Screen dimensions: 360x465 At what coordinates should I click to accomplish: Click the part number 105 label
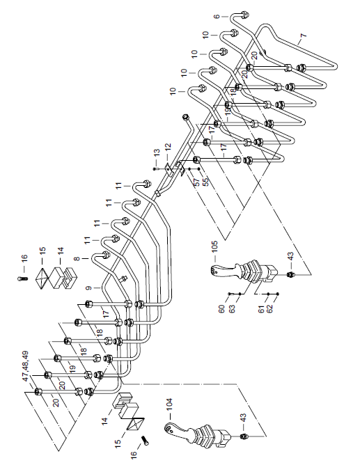pos(214,246)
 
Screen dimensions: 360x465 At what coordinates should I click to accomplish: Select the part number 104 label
pos(169,404)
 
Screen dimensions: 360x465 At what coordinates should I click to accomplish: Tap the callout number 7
pos(303,36)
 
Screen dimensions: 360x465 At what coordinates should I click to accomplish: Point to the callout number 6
pos(217,16)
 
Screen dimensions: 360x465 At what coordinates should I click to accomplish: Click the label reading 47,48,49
pos(26,366)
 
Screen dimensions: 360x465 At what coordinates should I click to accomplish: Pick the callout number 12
pos(168,147)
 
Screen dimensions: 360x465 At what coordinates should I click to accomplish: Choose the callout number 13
pos(157,152)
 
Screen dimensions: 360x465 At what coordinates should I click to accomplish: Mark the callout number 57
pos(196,182)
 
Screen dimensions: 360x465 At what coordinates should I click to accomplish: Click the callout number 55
pos(205,182)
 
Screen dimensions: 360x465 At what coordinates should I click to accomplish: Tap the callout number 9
pos(88,288)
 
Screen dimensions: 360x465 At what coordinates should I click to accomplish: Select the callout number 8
pos(77,259)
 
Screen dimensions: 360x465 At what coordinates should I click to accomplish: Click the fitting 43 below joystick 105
pos(290,274)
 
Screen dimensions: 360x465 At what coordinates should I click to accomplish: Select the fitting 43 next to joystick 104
pos(243,436)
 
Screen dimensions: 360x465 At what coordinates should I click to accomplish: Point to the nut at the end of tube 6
pos(244,14)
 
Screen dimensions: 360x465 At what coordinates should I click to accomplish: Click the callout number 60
pos(221,309)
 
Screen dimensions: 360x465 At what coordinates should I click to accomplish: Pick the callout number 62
pos(269,308)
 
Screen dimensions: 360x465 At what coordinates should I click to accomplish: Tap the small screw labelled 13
pos(154,169)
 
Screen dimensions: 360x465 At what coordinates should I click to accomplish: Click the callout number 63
pos(232,308)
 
